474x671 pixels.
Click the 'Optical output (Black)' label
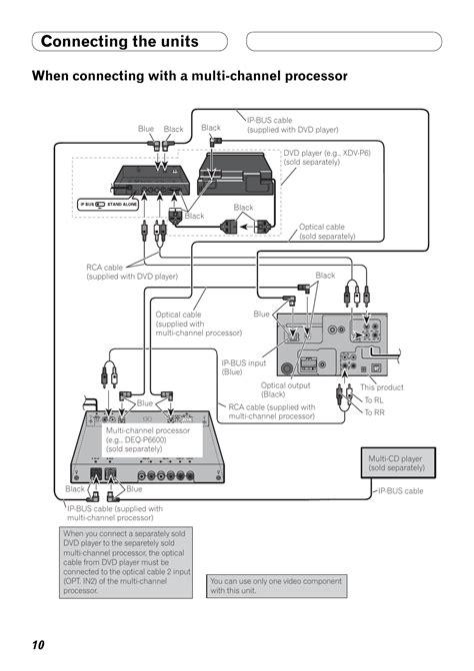click(286, 389)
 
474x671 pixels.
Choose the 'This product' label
click(382, 387)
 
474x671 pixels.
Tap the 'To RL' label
click(373, 400)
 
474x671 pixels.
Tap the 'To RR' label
click(374, 412)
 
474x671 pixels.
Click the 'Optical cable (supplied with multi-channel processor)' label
click(198, 324)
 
